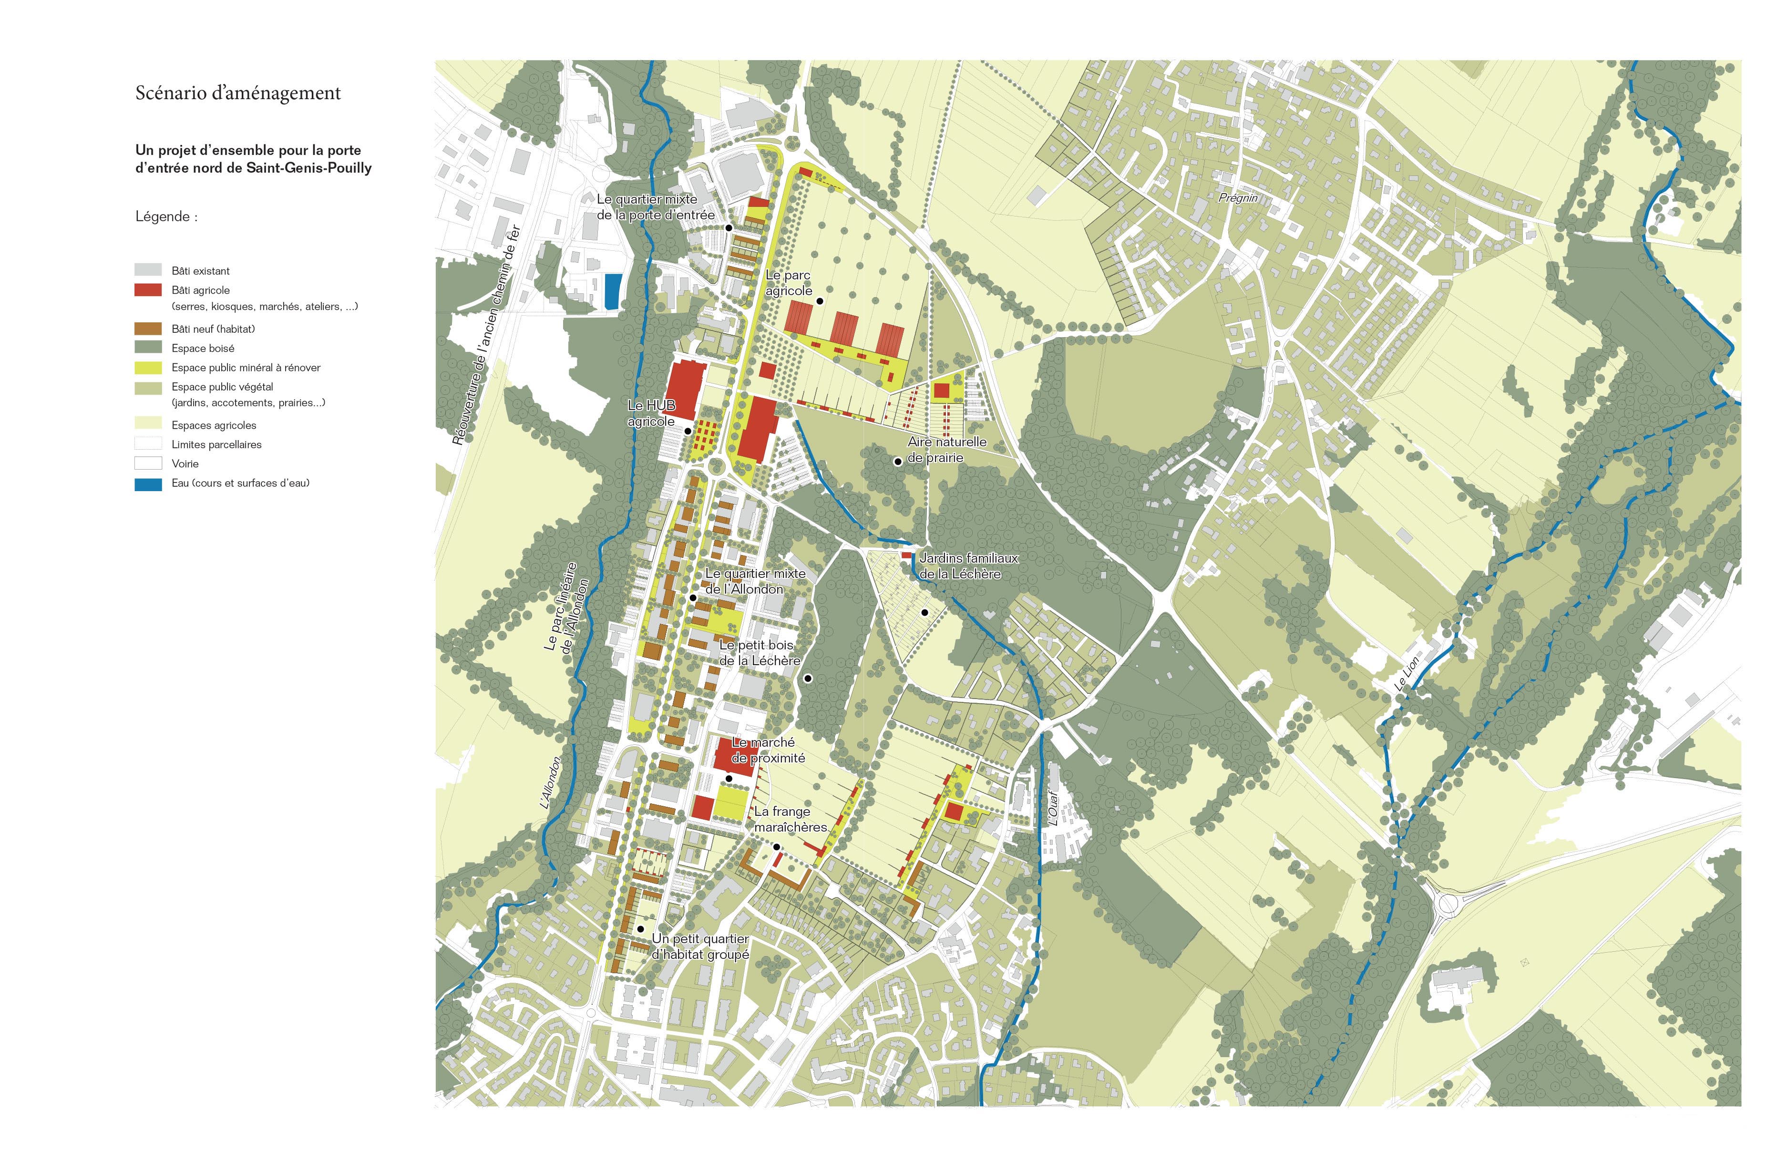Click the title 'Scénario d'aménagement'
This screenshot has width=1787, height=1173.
point(238,93)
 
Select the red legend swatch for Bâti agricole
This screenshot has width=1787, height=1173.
point(148,290)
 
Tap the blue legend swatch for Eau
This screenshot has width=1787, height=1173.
point(148,484)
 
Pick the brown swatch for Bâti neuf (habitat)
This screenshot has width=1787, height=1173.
point(148,329)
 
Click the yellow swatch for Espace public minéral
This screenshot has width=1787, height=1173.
point(148,368)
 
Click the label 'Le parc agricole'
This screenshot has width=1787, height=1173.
point(789,283)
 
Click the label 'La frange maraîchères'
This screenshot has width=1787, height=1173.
point(789,819)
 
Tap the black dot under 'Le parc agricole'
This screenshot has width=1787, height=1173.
point(820,301)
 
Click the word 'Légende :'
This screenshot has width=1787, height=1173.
point(166,216)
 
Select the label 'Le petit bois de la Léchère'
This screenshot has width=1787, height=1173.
point(759,653)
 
